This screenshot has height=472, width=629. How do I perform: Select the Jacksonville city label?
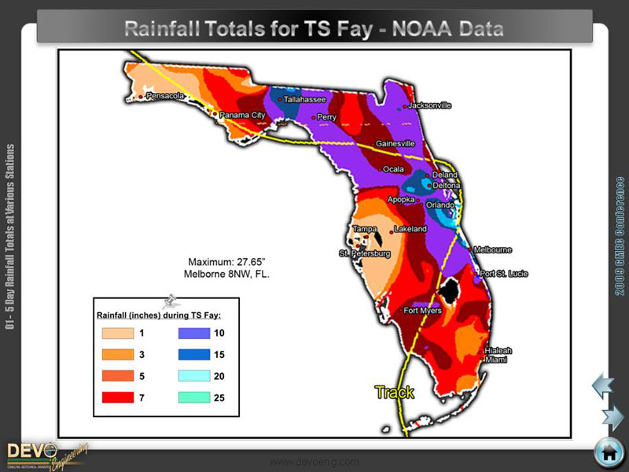click(429, 105)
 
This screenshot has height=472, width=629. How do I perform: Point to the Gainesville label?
click(395, 144)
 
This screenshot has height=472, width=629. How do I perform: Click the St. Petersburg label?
click(365, 254)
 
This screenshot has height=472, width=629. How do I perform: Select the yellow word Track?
click(394, 393)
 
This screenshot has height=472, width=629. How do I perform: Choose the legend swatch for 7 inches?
click(117, 398)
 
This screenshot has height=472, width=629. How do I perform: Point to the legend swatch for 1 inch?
click(117, 333)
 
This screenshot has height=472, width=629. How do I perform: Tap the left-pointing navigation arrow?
click(602, 385)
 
